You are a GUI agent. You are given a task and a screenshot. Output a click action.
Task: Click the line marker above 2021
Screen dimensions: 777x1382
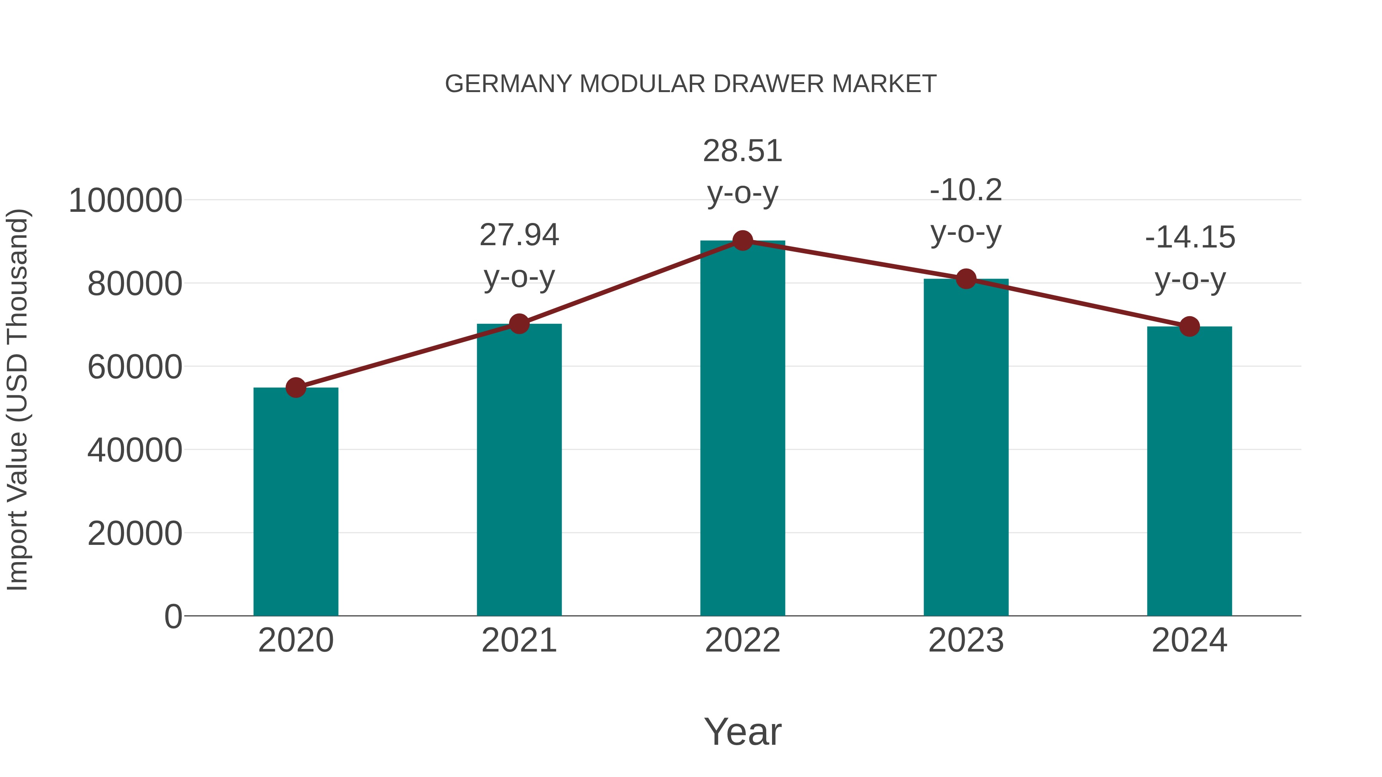(x=519, y=323)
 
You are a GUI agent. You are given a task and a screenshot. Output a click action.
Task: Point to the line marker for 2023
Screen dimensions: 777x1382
(x=966, y=279)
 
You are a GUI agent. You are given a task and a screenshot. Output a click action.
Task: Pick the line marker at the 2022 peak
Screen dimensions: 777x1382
(x=742, y=241)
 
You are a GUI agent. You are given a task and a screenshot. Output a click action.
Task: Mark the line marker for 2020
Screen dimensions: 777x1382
(x=296, y=387)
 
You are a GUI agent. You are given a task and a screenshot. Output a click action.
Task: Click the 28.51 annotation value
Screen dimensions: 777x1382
(x=742, y=151)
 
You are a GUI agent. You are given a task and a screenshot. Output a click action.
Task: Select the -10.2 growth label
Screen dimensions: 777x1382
(x=966, y=190)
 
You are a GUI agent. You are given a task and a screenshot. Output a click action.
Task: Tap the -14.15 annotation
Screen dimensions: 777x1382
(x=1189, y=238)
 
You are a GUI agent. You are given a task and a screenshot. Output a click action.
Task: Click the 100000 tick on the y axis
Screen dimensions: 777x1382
(x=126, y=201)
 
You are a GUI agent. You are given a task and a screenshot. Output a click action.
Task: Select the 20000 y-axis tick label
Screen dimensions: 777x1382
(x=135, y=534)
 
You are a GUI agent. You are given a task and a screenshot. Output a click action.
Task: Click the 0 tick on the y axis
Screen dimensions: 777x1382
(x=173, y=617)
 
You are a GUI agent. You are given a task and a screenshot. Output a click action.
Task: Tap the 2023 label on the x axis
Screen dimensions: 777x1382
(x=966, y=640)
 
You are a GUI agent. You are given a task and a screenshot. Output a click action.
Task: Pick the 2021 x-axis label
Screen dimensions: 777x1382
(x=519, y=640)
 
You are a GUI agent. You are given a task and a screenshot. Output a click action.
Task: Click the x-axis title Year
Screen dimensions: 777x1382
(x=742, y=731)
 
